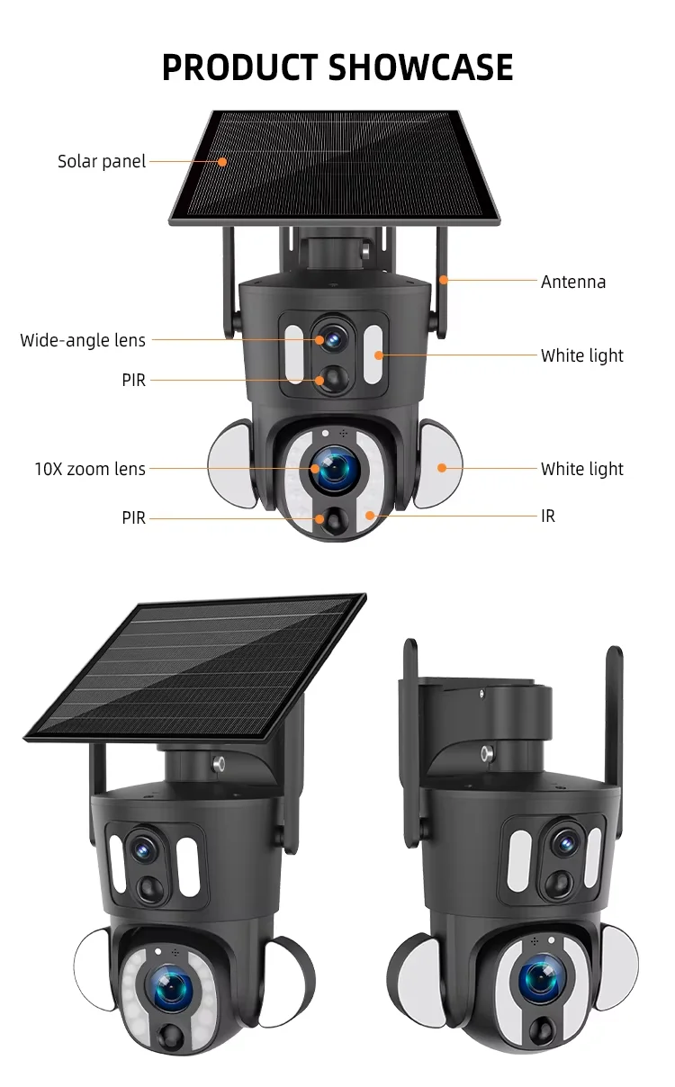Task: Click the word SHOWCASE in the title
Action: [x=420, y=68]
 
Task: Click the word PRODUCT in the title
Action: [x=238, y=68]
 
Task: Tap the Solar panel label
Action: [x=102, y=162]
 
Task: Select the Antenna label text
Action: [x=573, y=282]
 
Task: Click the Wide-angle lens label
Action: [x=83, y=340]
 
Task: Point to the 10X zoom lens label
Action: [x=90, y=469]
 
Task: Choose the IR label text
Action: [x=548, y=517]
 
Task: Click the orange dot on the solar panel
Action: [x=222, y=162]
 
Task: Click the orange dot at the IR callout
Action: [x=370, y=516]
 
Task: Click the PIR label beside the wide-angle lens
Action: [x=133, y=380]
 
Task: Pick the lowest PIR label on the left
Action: [x=133, y=517]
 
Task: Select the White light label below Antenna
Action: [x=581, y=355]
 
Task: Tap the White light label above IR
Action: [x=581, y=469]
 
